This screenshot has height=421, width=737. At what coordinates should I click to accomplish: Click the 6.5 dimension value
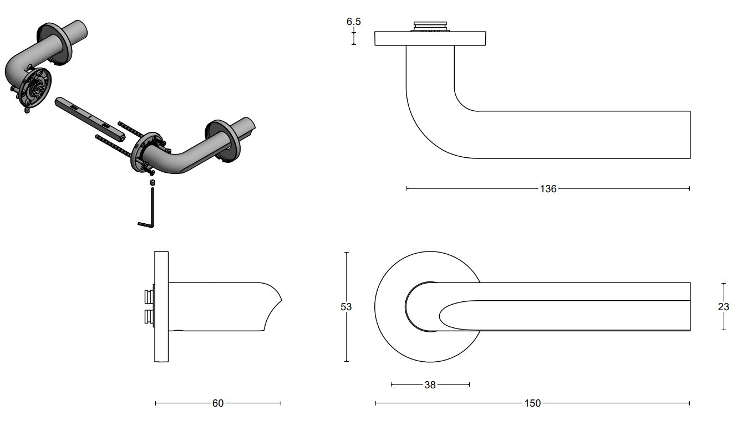click(353, 22)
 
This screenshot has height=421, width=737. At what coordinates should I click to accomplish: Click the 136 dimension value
click(548, 189)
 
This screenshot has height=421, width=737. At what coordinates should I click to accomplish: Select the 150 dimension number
click(532, 403)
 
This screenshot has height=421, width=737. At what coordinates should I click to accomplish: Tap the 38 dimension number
click(430, 384)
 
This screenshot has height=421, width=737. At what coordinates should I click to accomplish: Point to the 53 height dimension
click(346, 306)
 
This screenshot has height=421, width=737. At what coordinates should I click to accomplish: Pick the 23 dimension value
click(723, 306)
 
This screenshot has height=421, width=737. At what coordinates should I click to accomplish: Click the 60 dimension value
click(218, 403)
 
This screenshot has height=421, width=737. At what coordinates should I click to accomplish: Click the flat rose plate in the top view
click(430, 38)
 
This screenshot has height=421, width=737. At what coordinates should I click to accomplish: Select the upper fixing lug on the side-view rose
click(149, 296)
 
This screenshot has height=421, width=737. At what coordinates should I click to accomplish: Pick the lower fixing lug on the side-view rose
click(149, 317)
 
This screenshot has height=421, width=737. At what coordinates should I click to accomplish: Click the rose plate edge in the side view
click(161, 307)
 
